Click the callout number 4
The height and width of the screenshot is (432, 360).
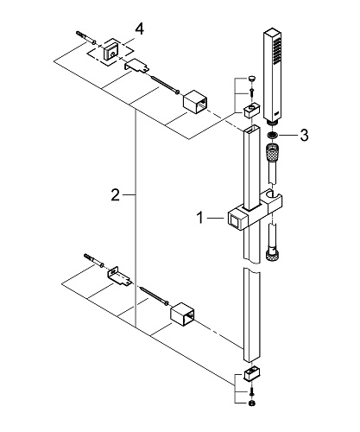tap(139, 29)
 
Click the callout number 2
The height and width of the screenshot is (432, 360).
tap(115, 195)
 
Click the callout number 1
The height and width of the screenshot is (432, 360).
tap(200, 218)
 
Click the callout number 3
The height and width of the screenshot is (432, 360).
tap(304, 135)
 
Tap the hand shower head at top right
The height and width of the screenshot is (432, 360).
tap(272, 76)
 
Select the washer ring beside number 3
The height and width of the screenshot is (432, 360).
tap(272, 135)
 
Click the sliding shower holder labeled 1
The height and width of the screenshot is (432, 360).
tap(255, 210)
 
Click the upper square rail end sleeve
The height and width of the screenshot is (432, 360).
tap(195, 104)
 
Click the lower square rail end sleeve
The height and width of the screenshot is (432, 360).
tap(183, 315)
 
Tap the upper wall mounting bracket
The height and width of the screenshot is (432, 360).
tap(137, 66)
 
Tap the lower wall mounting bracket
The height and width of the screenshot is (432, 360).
tap(120, 276)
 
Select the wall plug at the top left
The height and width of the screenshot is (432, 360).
tap(85, 38)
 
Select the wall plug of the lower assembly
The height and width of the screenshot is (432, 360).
tap(93, 260)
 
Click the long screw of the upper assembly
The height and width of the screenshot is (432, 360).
tap(165, 85)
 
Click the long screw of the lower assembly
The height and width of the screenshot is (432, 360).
tap(154, 295)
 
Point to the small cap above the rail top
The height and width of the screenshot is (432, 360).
tap(252, 79)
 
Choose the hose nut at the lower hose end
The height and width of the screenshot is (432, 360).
tap(272, 256)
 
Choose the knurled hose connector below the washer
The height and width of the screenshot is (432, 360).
tap(272, 152)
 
